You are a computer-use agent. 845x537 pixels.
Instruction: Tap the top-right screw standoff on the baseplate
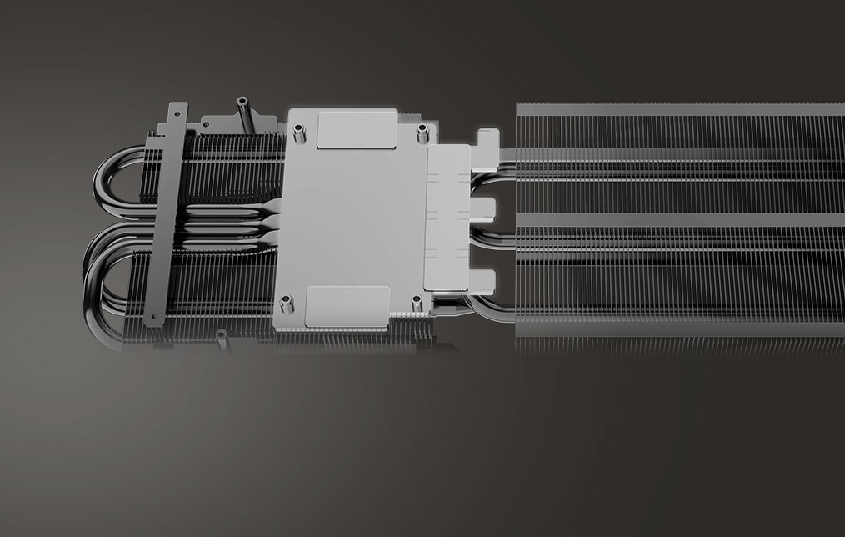pos(422,128)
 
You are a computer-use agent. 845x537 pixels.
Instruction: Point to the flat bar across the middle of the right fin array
pos(679,220)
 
